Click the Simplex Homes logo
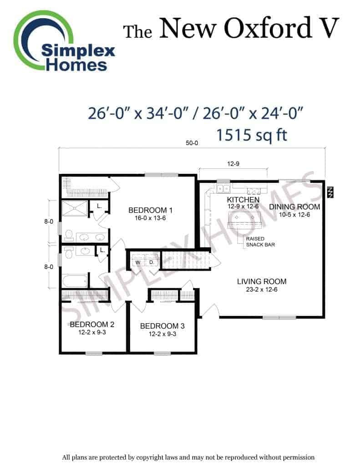[x=64, y=41]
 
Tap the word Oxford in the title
[x=268, y=28]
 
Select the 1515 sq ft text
[x=251, y=135]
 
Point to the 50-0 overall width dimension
[x=192, y=143]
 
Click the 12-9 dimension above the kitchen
[x=233, y=164]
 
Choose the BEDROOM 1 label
[x=150, y=210]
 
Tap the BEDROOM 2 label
[x=92, y=324]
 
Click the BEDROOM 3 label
[x=162, y=326]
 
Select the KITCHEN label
[x=243, y=199]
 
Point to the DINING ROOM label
[x=294, y=207]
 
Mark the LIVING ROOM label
[x=262, y=281]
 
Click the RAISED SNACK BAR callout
[x=260, y=242]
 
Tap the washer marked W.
[x=138, y=262]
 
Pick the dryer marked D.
[x=151, y=262]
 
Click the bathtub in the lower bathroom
[x=75, y=281]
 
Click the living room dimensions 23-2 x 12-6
[x=262, y=289]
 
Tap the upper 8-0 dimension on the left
[x=49, y=222]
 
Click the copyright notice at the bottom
[x=188, y=457]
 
